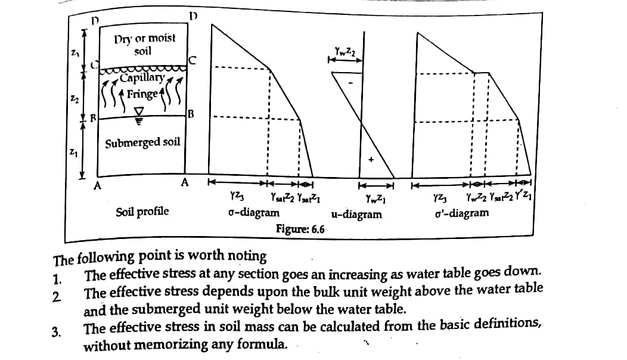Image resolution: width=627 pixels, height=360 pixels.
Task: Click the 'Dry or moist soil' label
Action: click(145, 44)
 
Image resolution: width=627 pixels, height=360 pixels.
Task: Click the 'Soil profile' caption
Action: click(142, 212)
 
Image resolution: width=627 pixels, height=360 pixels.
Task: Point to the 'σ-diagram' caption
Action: click(253, 213)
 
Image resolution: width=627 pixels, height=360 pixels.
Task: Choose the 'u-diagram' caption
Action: click(356, 214)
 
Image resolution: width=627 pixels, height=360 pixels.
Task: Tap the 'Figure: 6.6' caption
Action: click(300, 229)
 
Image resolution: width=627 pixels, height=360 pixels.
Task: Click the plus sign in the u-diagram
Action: click(371, 160)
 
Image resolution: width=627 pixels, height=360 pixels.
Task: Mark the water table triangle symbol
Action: click(139, 111)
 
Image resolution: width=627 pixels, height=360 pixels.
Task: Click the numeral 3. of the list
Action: click(57, 333)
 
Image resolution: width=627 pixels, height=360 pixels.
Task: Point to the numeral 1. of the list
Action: click(57, 278)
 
